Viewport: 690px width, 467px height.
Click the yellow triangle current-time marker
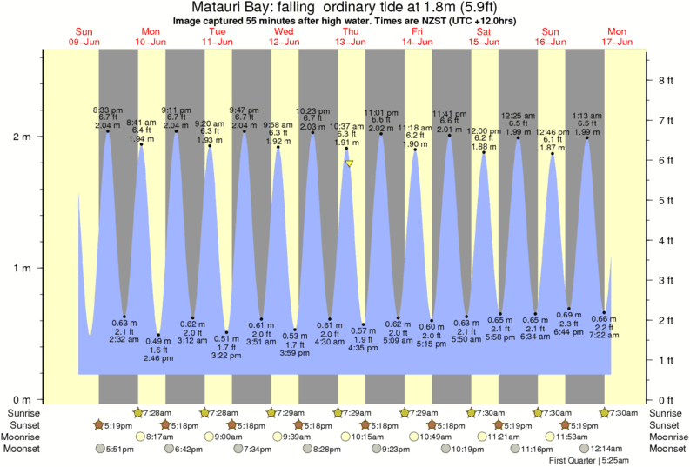click(349, 163)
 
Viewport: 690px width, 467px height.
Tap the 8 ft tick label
click(666, 80)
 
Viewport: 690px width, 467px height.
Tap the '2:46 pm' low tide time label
click(158, 358)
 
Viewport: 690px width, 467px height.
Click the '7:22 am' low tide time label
click(604, 335)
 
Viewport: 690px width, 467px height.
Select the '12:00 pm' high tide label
click(485, 130)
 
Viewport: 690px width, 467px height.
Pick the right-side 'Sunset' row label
click(667, 424)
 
